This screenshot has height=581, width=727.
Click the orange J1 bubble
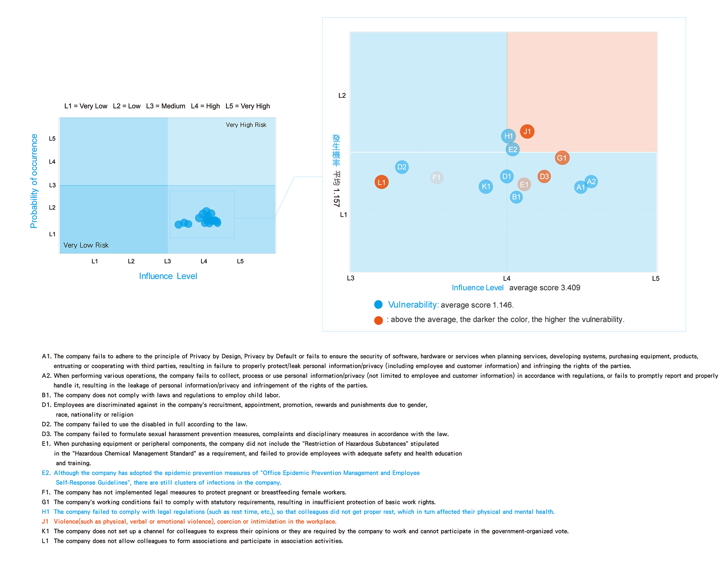tap(527, 132)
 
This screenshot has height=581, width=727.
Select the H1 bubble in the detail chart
tap(508, 136)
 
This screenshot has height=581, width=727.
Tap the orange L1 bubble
tap(381, 182)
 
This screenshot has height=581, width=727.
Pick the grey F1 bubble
tap(436, 178)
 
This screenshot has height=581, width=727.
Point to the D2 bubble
tap(402, 167)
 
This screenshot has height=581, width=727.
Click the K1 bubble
tap(486, 187)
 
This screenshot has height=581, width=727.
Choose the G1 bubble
tap(562, 158)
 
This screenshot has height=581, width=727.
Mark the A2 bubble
tap(591, 182)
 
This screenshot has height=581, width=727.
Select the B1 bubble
tap(516, 197)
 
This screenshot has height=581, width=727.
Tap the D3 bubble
tap(544, 177)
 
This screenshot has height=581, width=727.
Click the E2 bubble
tap(513, 149)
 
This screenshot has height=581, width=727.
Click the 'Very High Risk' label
tap(246, 125)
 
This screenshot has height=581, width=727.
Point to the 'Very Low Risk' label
tap(86, 245)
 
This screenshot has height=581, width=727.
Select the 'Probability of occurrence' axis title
tap(34, 181)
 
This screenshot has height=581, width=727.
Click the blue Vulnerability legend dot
tap(378, 304)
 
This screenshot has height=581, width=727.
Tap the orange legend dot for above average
tap(378, 320)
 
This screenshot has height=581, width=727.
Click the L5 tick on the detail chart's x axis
tap(655, 279)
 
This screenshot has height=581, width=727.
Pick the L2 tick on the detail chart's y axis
tap(342, 96)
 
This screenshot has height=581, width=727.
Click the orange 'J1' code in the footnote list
tap(45, 522)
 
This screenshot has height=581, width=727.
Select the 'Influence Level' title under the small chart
tap(168, 276)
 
